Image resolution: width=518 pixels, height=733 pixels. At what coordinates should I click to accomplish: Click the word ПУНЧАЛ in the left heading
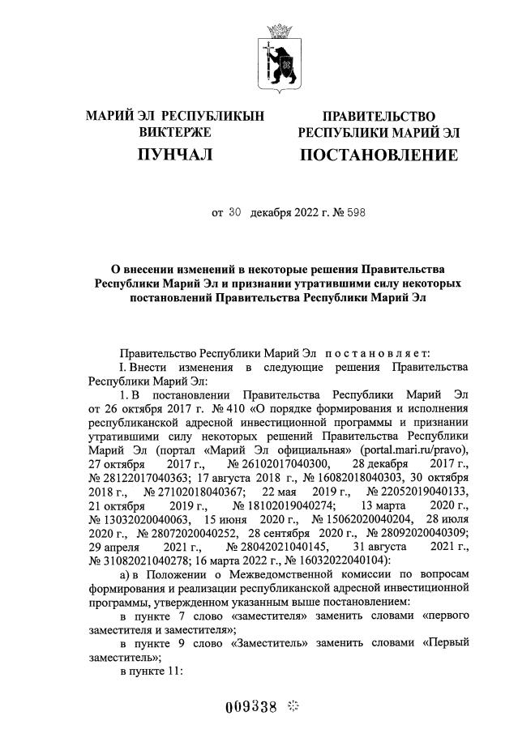point(175,154)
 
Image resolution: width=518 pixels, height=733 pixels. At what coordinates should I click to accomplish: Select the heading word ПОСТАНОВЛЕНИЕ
point(379,154)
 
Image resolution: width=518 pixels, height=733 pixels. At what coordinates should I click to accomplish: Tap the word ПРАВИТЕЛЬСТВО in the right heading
point(379,117)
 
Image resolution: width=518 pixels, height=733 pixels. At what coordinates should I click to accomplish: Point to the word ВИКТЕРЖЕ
point(175,132)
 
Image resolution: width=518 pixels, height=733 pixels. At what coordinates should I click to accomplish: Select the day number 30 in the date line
point(235,214)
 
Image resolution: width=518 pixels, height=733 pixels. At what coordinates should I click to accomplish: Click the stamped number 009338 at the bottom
point(252,705)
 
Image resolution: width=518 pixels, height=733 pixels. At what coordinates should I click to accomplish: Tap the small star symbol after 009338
point(293,705)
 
